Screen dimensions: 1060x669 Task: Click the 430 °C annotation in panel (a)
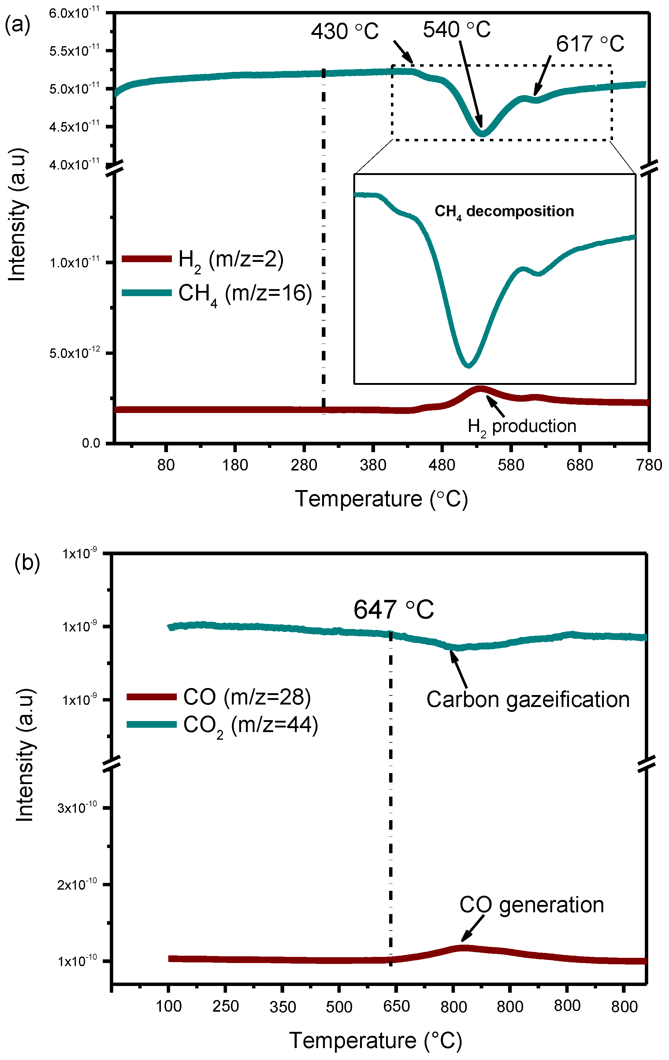pyautogui.click(x=345, y=32)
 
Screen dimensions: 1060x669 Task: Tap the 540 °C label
pyautogui.click(x=456, y=30)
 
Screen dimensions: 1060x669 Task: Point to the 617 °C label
pyautogui.click(x=590, y=44)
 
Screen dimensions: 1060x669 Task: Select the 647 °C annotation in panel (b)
pyautogui.click(x=393, y=610)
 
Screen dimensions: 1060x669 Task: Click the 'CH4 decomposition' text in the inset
pyautogui.click(x=504, y=212)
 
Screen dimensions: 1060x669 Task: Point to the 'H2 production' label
pyautogui.click(x=522, y=426)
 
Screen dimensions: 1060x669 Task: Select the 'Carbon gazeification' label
pyautogui.click(x=528, y=699)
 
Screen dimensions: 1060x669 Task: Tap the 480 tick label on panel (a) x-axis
pyautogui.click(x=442, y=465)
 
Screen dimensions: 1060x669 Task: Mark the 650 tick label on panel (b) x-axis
pyautogui.click(x=396, y=1006)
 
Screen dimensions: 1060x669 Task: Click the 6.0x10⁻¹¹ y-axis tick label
pyautogui.click(x=74, y=13)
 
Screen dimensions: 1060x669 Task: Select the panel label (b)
pyautogui.click(x=27, y=562)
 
